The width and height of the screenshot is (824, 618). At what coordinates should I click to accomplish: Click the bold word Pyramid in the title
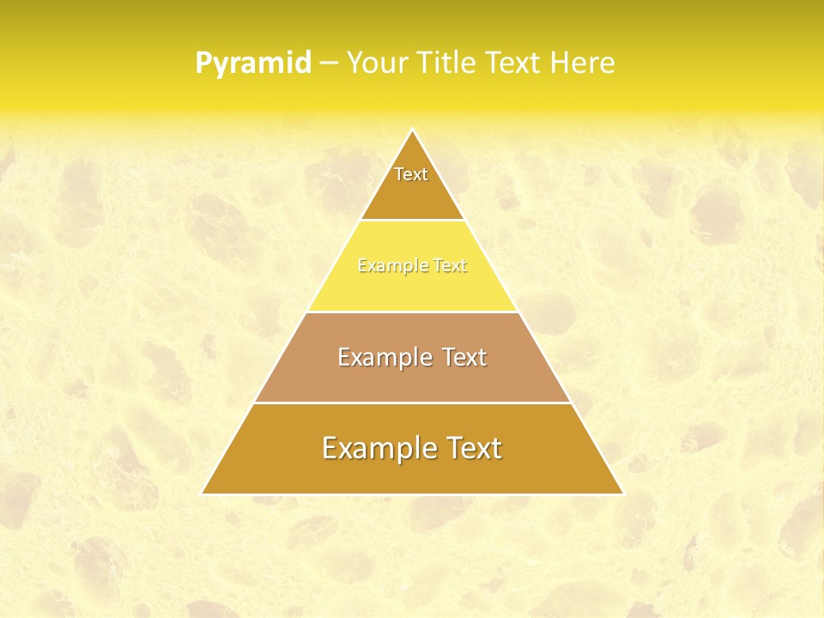pyautogui.click(x=253, y=64)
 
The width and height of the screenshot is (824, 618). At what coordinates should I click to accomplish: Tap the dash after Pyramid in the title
pyautogui.click(x=329, y=64)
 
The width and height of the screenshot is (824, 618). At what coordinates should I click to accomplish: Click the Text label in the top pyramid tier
pyautogui.click(x=411, y=174)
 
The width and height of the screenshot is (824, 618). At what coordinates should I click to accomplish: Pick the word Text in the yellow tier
pyautogui.click(x=451, y=266)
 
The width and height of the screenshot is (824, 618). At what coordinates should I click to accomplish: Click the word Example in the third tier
pyautogui.click(x=383, y=357)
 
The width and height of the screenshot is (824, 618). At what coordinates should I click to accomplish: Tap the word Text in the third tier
pyautogui.click(x=463, y=357)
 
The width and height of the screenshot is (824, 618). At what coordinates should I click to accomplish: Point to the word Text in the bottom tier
pyautogui.click(x=473, y=448)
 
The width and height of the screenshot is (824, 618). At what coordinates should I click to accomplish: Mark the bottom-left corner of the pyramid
pyautogui.click(x=203, y=494)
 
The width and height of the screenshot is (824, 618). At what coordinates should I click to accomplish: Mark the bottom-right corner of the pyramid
pyautogui.click(x=622, y=494)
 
